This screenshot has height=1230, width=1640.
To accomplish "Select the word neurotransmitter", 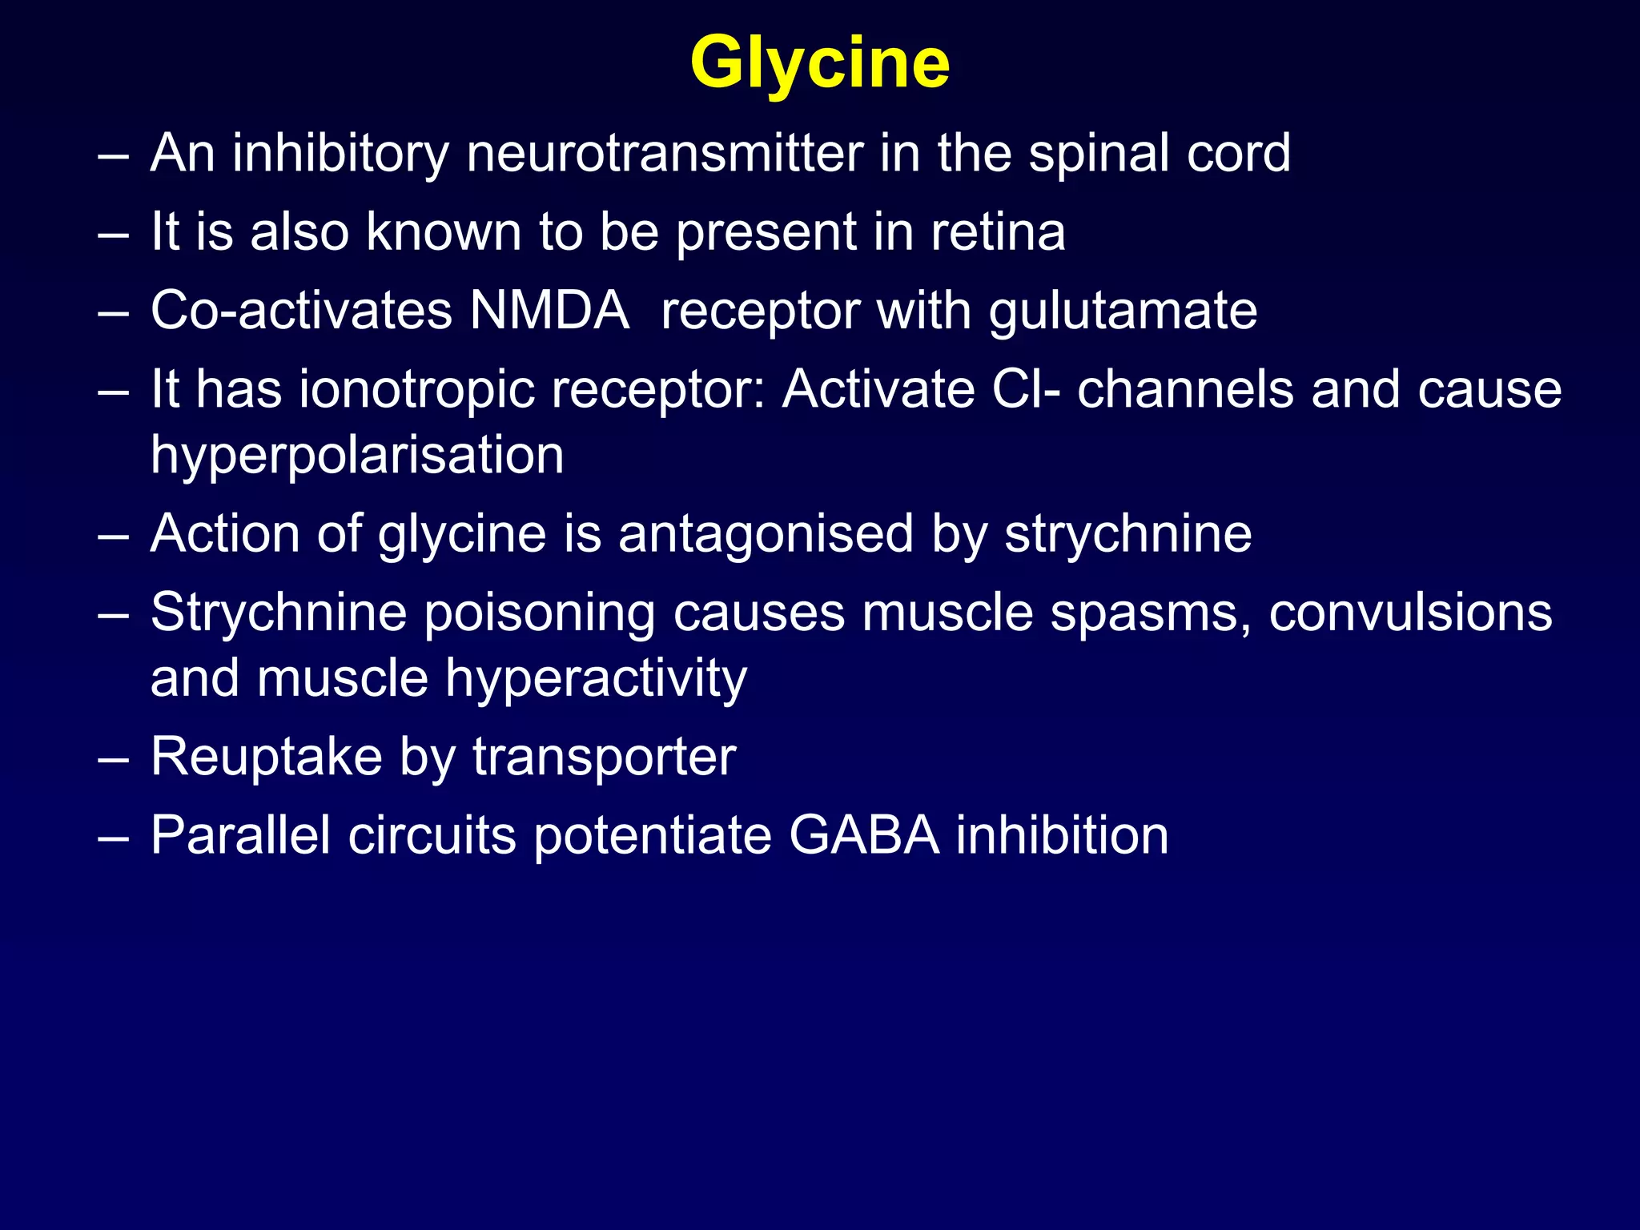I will pos(665,153).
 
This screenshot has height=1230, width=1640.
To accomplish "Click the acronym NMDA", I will pos(549,311).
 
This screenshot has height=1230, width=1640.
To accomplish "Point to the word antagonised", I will pos(766,534).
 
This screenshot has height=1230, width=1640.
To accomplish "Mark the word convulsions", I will pos(1410,613).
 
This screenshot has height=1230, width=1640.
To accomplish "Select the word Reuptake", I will pos(267,757).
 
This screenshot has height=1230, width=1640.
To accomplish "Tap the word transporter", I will pos(604,757).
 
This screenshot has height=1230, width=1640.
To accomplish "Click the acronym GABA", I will pos(863,835).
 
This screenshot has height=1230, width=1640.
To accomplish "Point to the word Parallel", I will pos(240,835).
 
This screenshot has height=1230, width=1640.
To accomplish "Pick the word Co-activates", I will pos(301,311).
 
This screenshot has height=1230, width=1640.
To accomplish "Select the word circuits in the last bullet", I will pos(432,835).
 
